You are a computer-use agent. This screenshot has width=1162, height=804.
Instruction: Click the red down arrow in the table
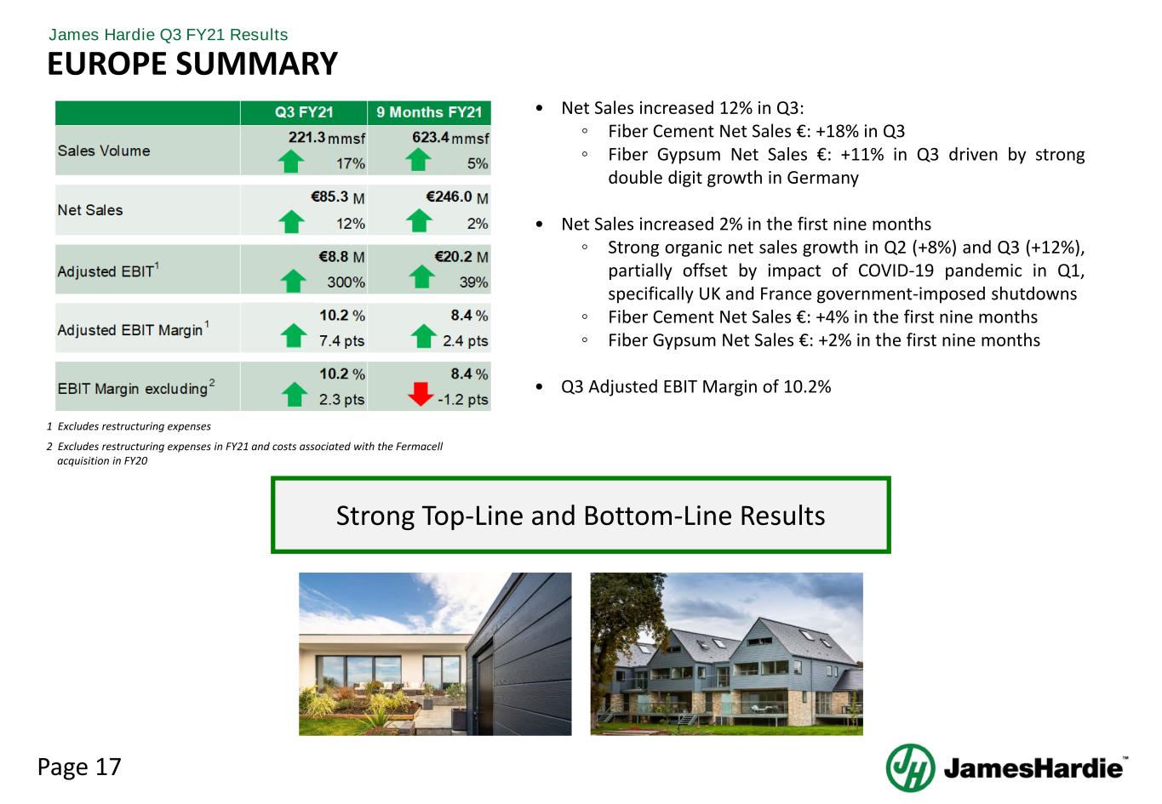point(421,393)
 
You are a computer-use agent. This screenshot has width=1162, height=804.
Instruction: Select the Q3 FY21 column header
point(304,112)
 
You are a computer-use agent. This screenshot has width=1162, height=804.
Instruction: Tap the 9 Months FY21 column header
point(429,112)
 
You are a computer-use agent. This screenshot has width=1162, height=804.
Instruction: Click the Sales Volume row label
point(104,151)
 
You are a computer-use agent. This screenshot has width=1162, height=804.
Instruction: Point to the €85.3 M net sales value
point(338,197)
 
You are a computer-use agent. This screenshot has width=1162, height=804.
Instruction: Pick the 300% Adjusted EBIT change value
point(346,282)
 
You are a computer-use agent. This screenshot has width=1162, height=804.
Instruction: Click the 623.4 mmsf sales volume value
point(450,138)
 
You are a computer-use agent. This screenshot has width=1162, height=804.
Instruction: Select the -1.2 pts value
point(463,399)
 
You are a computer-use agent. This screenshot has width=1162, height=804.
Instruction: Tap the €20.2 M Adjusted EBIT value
point(461,257)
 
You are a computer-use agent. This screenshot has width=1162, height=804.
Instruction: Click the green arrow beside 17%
point(290,161)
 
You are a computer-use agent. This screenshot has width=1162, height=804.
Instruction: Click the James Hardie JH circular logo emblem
point(910,767)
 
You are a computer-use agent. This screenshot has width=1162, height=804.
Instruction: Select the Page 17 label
point(79,767)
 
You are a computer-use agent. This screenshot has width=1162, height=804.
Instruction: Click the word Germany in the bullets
point(822,178)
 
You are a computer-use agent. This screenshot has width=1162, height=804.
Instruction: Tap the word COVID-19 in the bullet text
point(896,271)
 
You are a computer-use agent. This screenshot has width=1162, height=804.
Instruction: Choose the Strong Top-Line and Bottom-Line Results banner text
point(581,516)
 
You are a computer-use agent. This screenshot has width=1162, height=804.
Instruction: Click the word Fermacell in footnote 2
point(419,447)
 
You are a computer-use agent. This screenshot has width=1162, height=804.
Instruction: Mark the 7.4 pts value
point(342,340)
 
